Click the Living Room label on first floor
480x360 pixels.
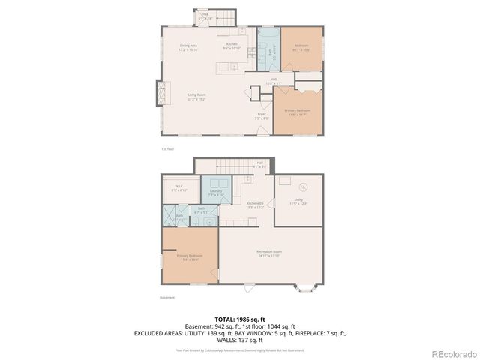[197, 95]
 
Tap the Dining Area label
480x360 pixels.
[188, 47]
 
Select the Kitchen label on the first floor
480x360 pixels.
[232, 45]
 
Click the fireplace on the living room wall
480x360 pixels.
[159, 93]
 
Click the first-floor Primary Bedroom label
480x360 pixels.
[297, 111]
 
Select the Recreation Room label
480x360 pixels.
[268, 252]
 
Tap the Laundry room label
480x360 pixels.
[217, 193]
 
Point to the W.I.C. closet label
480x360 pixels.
[179, 187]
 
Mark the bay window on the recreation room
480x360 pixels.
[307, 286]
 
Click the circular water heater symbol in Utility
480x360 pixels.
[303, 187]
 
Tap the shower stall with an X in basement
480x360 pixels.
[169, 215]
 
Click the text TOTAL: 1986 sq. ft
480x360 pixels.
[240, 319]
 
